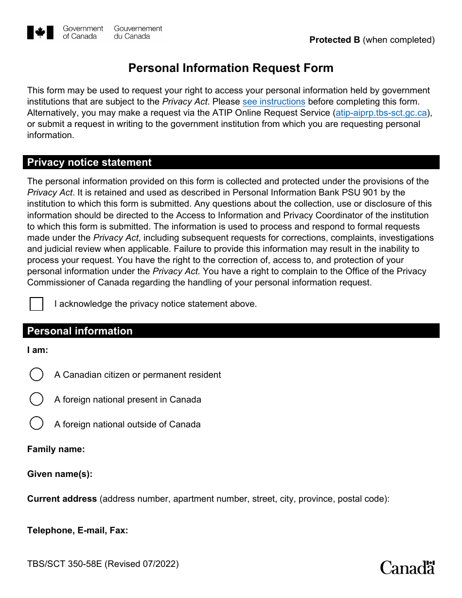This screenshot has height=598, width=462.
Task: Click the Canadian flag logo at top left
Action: tap(40, 33)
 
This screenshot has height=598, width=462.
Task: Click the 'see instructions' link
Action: tap(274, 102)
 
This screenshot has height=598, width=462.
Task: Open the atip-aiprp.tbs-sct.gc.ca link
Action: tap(381, 113)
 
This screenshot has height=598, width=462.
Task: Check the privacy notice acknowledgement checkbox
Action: tap(36, 304)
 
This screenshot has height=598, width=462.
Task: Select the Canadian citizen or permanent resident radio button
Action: tap(36, 374)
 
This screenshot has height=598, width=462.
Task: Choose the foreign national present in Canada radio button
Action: tap(36, 399)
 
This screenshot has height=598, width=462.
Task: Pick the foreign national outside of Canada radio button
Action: tap(36, 423)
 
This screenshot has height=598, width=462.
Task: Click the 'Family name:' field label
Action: tap(56, 449)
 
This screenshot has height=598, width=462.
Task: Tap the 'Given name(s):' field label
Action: tap(60, 474)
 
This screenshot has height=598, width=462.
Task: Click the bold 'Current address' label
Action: tap(62, 499)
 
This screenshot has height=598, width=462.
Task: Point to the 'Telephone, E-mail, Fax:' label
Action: tap(77, 530)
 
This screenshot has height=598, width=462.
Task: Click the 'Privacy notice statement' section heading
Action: tap(89, 162)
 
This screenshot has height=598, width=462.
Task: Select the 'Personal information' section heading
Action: tap(80, 331)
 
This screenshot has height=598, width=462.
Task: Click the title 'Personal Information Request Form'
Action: tap(231, 68)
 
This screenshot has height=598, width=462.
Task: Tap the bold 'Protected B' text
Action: tap(335, 40)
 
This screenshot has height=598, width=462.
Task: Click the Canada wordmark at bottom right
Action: tap(407, 567)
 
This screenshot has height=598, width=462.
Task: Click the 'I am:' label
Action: tap(37, 350)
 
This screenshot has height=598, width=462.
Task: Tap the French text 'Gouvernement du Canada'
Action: tap(138, 33)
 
